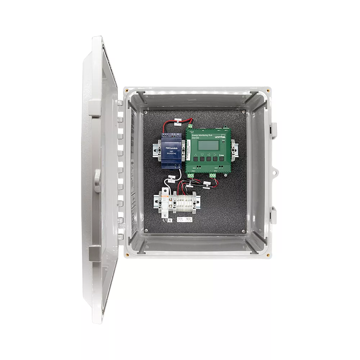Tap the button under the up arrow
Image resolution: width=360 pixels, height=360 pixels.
(196, 158)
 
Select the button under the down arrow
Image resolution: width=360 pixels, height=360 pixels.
(202, 158)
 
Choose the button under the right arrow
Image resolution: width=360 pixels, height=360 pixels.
(215, 158)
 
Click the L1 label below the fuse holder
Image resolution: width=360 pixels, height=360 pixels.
(165, 220)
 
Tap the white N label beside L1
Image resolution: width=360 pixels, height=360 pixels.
(170, 220)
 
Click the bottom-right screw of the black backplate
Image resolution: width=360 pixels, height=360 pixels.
(243, 231)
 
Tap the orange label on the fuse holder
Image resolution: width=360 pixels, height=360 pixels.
(164, 196)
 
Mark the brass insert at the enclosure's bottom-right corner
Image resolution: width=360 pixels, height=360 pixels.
(268, 255)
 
